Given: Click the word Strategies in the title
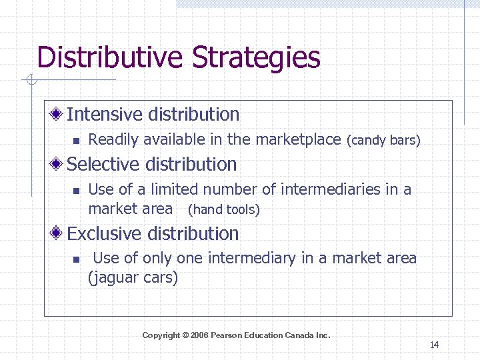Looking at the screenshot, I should [x=257, y=58].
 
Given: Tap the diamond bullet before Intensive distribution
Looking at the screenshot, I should [x=59, y=115].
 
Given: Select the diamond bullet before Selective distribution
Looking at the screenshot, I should [x=59, y=165].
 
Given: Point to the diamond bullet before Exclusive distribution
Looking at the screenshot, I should [x=59, y=234].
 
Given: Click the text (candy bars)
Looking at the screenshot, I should [x=383, y=141].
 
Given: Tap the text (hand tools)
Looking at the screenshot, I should [x=223, y=210].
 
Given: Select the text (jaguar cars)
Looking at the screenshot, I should [x=133, y=277].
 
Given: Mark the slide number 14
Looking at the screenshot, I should [x=434, y=345].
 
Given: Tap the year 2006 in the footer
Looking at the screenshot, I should [x=199, y=335].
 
